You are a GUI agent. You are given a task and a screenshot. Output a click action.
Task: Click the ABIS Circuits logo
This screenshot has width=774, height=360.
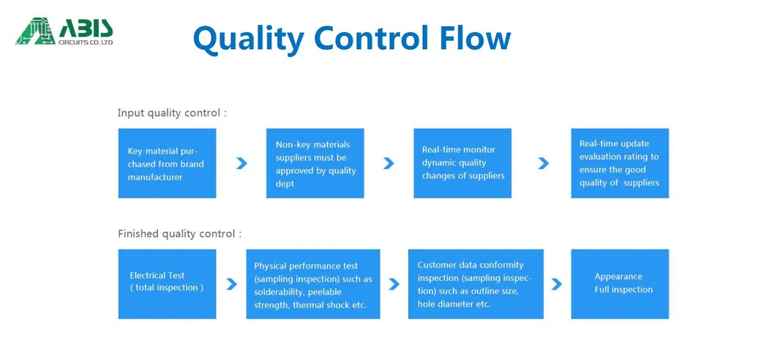click(x=64, y=31)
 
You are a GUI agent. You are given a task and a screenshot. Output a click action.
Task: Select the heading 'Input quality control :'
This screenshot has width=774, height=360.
click(x=173, y=113)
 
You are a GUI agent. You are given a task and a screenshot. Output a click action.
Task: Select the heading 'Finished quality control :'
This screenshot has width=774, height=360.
click(x=180, y=233)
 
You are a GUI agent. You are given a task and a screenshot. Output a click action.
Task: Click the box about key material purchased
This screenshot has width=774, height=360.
click(x=168, y=163)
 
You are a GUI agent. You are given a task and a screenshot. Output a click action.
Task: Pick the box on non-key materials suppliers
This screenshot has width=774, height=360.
click(x=315, y=163)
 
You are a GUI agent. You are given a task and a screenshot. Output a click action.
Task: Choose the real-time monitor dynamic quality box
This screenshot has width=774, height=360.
click(x=462, y=163)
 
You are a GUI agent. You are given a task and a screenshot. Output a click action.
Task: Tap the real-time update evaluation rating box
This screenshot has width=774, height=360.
click(x=620, y=163)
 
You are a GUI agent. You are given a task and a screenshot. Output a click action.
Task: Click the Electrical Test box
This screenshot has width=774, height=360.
click(x=168, y=284)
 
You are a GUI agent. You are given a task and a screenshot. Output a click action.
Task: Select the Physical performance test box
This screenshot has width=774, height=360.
click(x=313, y=284)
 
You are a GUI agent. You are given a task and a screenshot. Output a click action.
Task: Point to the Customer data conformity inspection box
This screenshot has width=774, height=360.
click(x=476, y=284)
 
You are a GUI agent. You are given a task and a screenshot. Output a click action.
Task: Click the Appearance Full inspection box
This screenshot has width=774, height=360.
click(x=620, y=284)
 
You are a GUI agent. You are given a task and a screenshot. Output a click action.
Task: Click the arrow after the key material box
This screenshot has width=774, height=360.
click(x=241, y=163)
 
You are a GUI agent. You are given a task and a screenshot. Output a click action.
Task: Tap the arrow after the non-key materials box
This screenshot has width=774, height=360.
click(x=388, y=163)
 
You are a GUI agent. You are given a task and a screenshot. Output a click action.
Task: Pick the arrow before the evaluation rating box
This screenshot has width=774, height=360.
click(x=543, y=163)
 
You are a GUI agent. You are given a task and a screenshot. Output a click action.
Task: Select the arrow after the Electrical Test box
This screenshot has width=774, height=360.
click(x=231, y=284)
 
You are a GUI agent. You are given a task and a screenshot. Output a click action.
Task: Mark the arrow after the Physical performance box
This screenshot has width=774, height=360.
click(x=394, y=284)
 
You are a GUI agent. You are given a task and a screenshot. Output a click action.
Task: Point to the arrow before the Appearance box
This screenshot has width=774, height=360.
click(x=557, y=284)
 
